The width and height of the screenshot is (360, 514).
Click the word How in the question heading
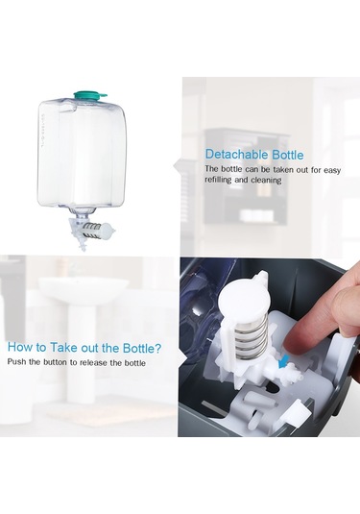(x=22, y=348)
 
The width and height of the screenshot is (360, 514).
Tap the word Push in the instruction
(x=17, y=363)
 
